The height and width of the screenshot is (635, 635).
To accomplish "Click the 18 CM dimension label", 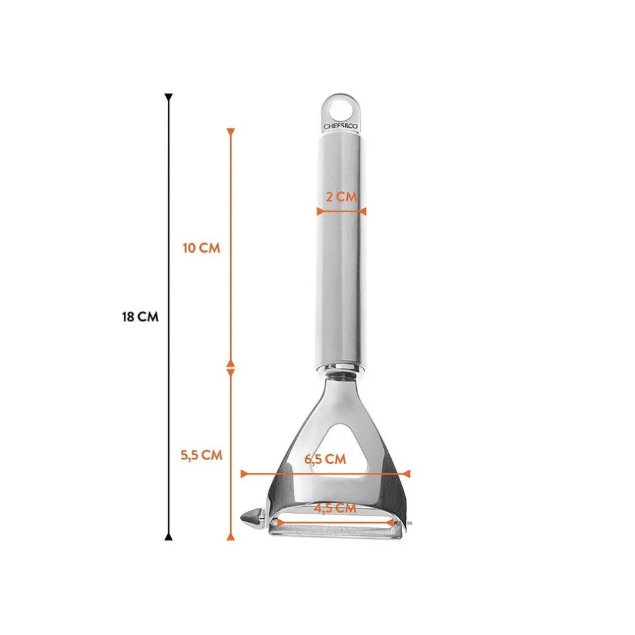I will [x=139, y=317].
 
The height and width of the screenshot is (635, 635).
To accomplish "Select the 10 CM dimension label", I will [x=201, y=248].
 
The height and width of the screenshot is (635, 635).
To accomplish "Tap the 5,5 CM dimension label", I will [x=201, y=454].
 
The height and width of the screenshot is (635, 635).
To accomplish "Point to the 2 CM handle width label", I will [x=341, y=197].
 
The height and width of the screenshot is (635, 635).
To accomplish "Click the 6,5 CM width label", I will [x=325, y=459].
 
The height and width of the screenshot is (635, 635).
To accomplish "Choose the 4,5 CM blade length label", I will [x=335, y=508].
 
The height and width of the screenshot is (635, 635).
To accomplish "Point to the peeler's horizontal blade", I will [x=336, y=529].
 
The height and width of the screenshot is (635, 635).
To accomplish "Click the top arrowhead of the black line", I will [x=168, y=98].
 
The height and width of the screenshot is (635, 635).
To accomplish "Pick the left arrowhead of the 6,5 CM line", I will [x=245, y=474].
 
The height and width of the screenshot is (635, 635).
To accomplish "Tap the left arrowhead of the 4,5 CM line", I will [x=279, y=522].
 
